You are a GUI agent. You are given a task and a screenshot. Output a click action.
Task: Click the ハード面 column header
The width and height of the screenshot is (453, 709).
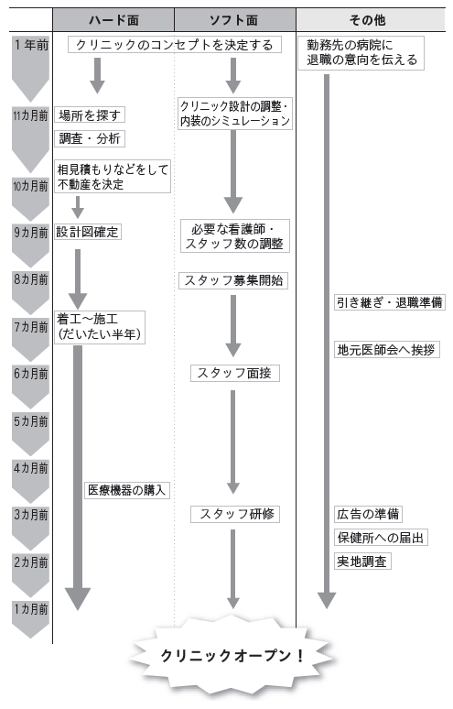click(x=113, y=20)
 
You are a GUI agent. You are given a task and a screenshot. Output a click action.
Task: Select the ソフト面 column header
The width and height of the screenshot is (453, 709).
click(x=235, y=20)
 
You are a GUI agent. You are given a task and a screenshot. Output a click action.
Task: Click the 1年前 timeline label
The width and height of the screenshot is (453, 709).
click(x=31, y=45)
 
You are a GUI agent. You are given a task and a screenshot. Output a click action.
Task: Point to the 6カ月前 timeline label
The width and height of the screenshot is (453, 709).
click(x=31, y=374)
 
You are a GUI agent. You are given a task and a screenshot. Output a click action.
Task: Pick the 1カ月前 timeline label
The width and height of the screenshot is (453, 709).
click(x=31, y=609)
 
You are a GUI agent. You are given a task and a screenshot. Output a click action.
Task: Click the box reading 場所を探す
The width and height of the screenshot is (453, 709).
click(x=90, y=115)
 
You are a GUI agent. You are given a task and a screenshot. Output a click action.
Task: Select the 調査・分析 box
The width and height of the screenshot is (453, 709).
click(x=90, y=138)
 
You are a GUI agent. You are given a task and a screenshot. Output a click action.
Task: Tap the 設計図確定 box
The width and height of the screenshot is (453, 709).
click(x=88, y=232)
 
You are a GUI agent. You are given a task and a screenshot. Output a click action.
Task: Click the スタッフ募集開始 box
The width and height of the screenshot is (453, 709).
click(x=233, y=280)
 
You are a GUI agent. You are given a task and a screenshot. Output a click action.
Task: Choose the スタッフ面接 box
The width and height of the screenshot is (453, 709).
click(x=235, y=373)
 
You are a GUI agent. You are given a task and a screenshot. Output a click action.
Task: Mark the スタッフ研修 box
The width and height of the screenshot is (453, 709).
click(x=235, y=514)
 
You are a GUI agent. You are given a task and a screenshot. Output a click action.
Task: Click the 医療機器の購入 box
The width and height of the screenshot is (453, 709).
click(x=127, y=490)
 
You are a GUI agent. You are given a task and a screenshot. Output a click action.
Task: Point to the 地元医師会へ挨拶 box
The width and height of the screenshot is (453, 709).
click(x=387, y=350)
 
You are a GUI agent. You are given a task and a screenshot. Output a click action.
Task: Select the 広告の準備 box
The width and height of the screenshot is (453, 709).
click(x=368, y=514)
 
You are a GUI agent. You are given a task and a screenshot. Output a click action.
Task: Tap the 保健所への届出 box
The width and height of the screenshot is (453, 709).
click(x=381, y=538)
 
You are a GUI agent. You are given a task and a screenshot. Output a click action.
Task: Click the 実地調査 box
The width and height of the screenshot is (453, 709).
click(x=362, y=562)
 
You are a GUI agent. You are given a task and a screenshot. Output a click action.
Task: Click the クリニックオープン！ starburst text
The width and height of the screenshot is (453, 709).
click(x=232, y=656)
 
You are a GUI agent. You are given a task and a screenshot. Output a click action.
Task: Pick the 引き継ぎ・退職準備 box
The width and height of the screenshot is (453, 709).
click(x=390, y=302)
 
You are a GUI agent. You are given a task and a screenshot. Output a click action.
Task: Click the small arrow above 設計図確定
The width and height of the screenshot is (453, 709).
click(x=78, y=207)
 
